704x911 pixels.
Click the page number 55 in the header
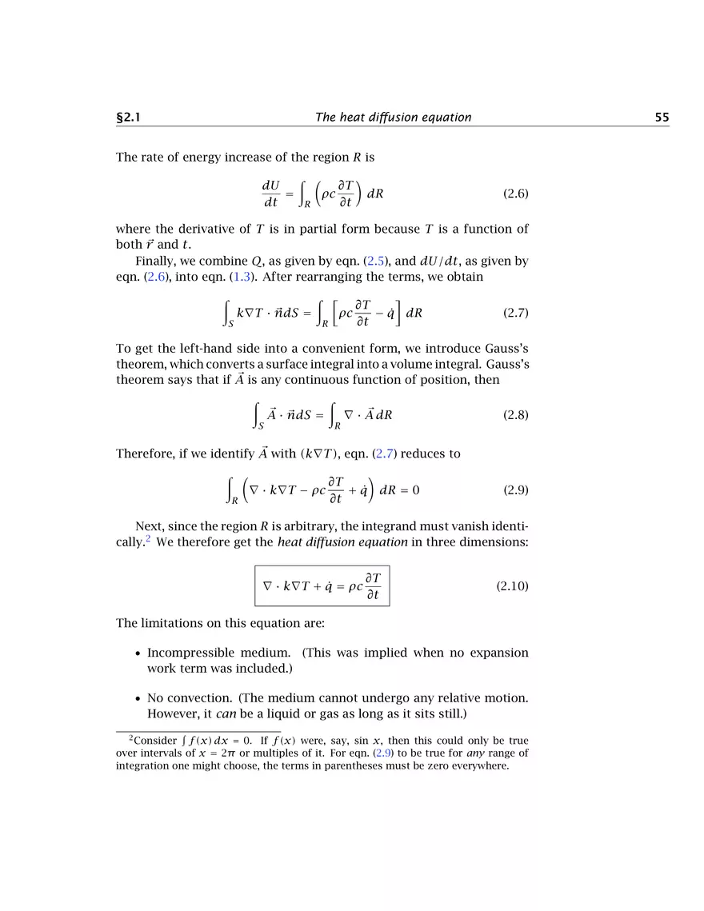point(662,118)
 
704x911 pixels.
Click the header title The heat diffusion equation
point(393,118)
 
